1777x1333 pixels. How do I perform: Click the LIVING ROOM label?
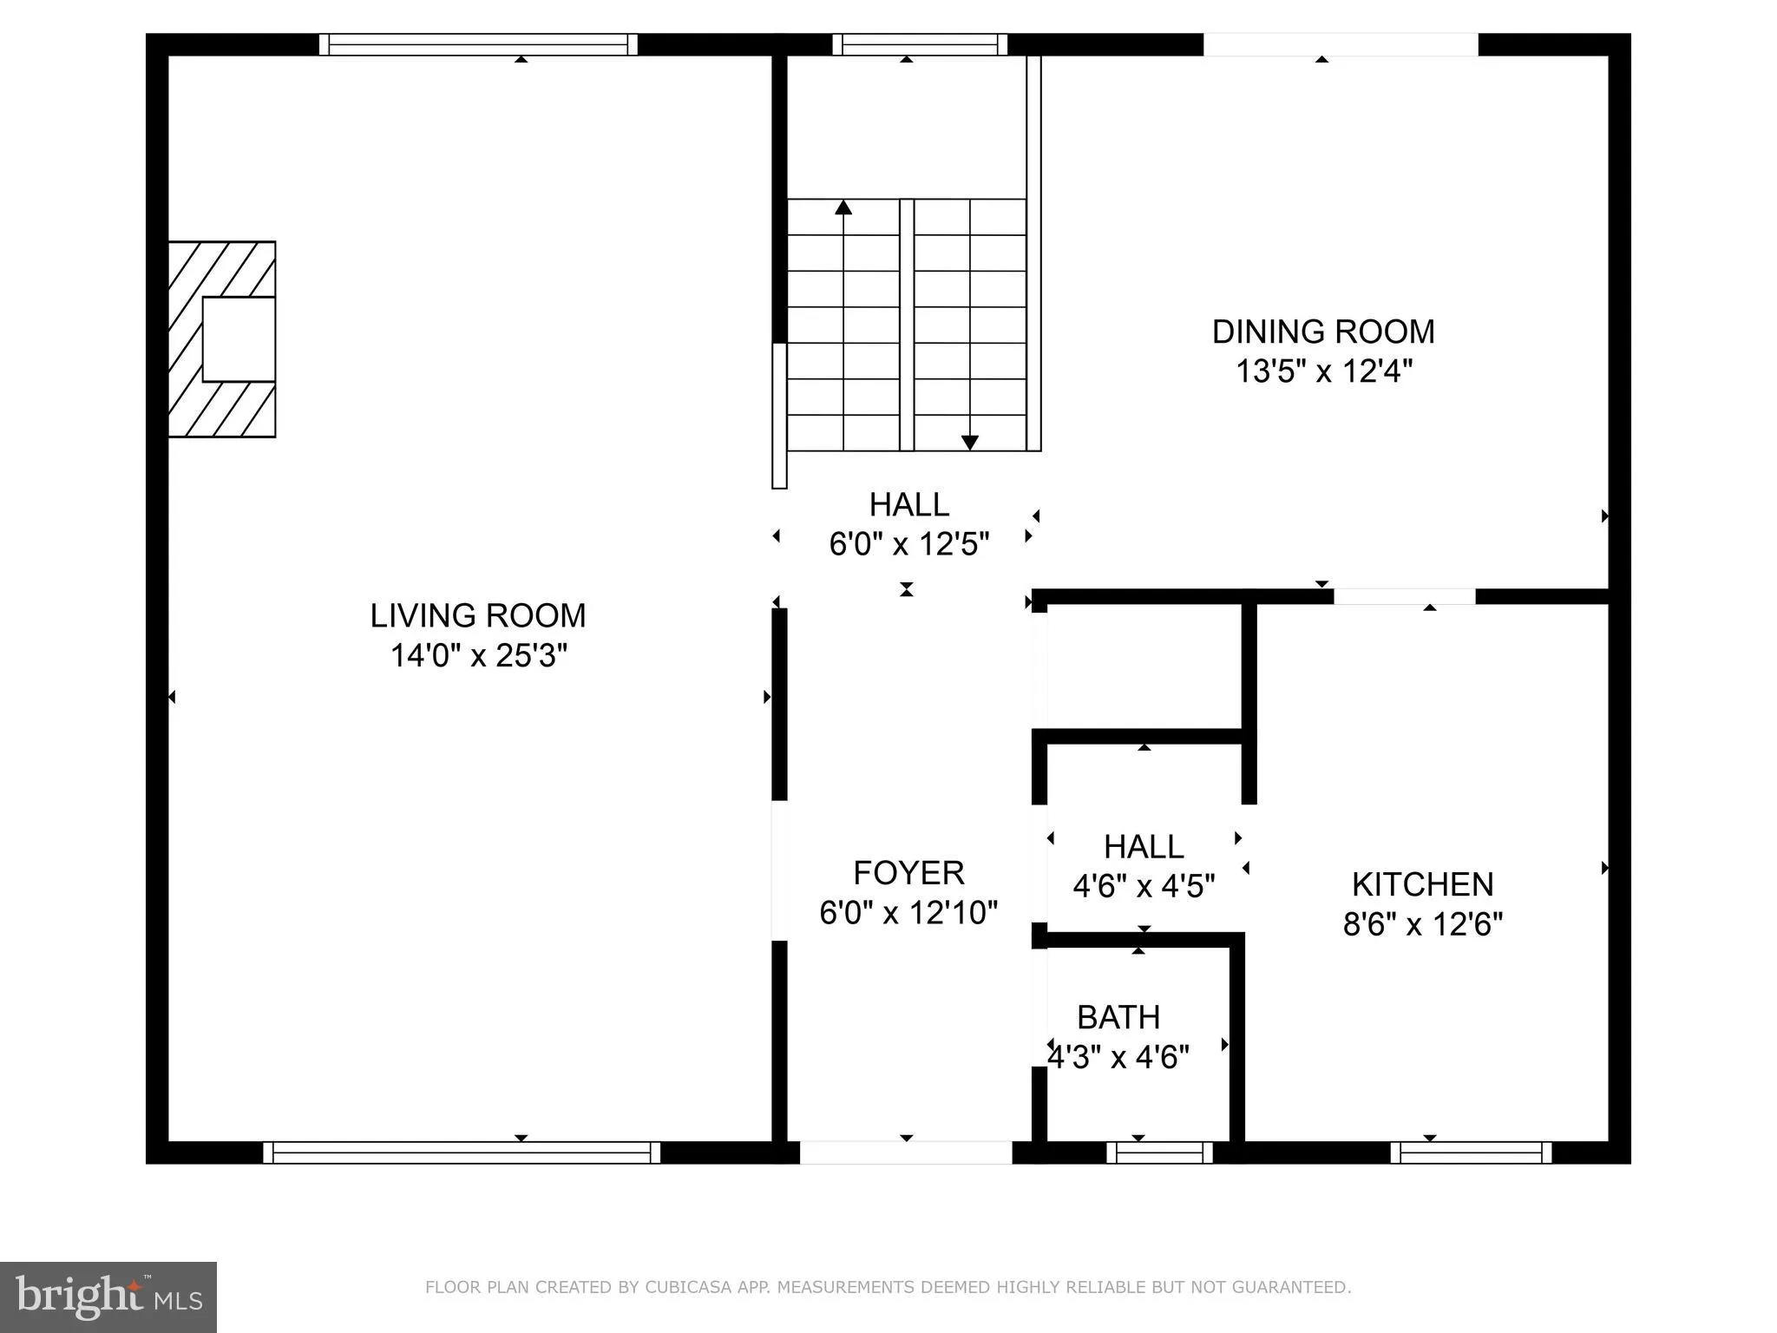point(478,615)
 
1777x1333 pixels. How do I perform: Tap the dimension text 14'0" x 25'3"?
point(478,655)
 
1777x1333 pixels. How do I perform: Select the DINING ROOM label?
point(1322,332)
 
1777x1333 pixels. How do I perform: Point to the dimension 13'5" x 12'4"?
point(1323,371)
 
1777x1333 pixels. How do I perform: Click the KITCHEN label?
point(1422,884)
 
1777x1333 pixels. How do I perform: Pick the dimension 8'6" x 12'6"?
point(1422,924)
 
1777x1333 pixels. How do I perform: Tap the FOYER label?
point(908,872)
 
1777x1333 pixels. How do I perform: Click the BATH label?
point(1118,1017)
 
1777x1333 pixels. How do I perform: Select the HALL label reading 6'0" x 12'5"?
point(908,504)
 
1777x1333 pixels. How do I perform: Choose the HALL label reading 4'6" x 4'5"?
point(1144,846)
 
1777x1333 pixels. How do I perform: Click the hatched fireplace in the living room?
point(221,339)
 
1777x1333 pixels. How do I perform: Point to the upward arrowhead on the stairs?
point(843,207)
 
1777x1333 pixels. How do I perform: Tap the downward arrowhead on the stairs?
point(970,443)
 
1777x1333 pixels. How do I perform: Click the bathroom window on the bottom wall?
point(1159,1152)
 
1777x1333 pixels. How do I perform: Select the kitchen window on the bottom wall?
point(1471,1152)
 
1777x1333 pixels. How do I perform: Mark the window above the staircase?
point(920,44)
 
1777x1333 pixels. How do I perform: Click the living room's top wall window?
point(478,44)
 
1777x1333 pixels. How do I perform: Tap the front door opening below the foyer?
point(905,1152)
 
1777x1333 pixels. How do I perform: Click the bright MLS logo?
point(108,1297)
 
